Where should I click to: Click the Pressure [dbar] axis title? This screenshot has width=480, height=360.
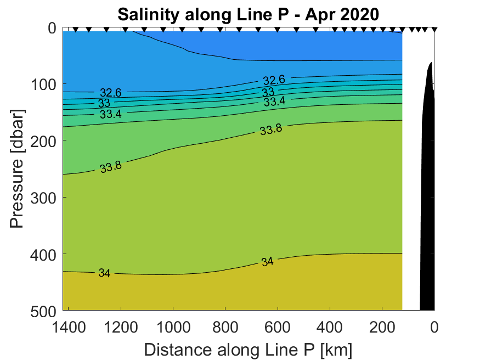tap(18, 168)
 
